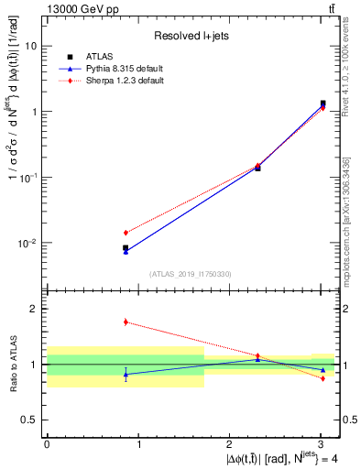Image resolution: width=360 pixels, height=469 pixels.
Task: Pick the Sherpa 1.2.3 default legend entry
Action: (121, 81)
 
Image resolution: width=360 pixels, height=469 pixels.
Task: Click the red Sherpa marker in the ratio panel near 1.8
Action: (125, 322)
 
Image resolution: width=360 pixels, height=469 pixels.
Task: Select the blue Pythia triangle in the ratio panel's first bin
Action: (125, 374)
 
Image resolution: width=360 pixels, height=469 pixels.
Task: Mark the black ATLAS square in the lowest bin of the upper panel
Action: (125, 247)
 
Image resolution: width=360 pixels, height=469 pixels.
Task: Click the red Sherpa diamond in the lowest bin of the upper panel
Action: (125, 233)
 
